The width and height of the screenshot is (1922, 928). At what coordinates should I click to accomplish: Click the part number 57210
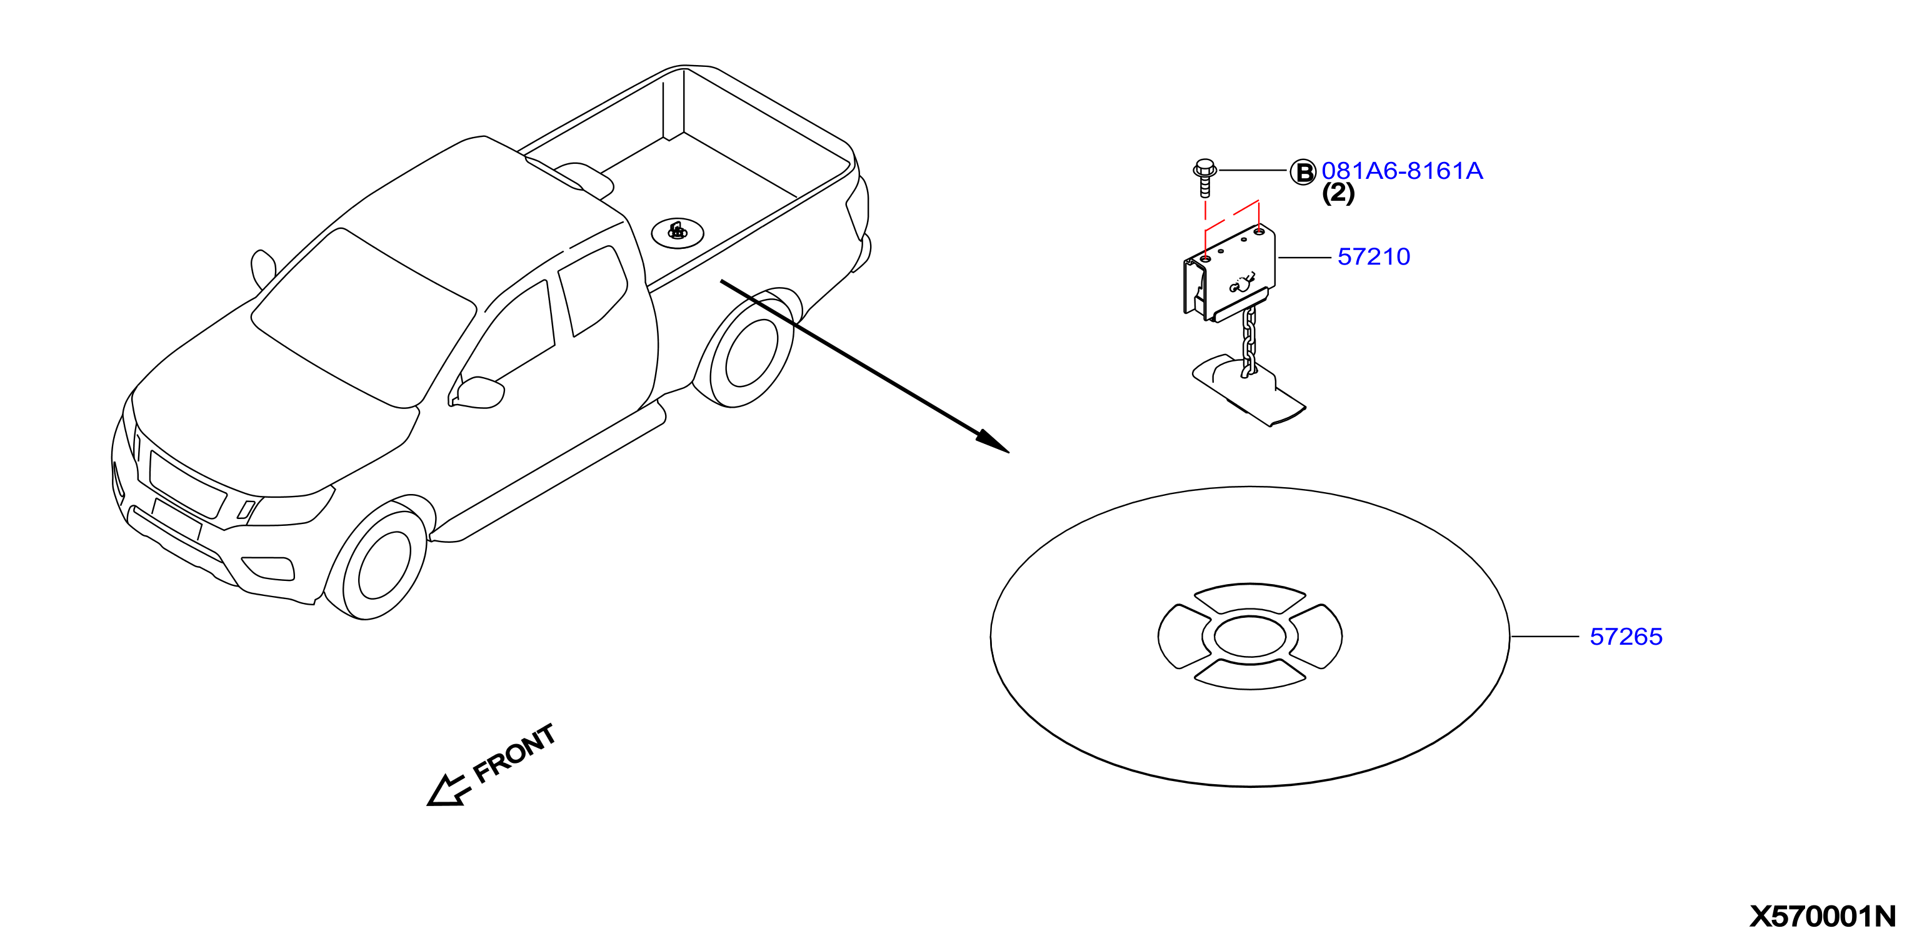click(1374, 257)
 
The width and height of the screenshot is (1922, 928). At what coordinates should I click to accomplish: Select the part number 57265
click(1626, 637)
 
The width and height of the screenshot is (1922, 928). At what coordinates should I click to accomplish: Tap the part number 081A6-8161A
click(1402, 171)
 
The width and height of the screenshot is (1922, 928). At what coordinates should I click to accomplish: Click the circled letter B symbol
click(1303, 173)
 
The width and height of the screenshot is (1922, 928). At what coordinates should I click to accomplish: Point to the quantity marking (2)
click(1338, 193)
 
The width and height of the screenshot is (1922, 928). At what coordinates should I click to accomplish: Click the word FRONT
click(515, 754)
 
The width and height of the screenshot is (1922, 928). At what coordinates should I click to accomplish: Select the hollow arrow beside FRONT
click(448, 790)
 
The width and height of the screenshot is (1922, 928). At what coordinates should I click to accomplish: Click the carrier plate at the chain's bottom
click(1248, 390)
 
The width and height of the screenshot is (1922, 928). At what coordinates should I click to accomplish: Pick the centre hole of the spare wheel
click(1249, 637)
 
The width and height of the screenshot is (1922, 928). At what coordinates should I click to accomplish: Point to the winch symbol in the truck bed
click(678, 232)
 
